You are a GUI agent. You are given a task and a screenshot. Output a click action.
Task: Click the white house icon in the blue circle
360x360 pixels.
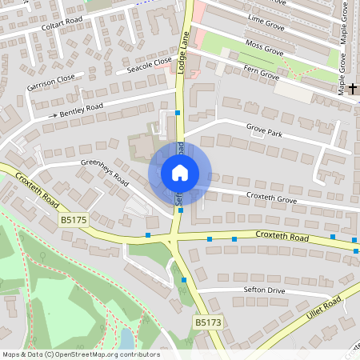coord(180,172)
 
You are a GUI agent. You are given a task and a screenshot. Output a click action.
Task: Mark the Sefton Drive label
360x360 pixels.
coord(264,290)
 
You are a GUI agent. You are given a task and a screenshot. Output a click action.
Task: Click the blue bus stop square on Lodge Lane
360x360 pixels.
coord(178,113)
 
